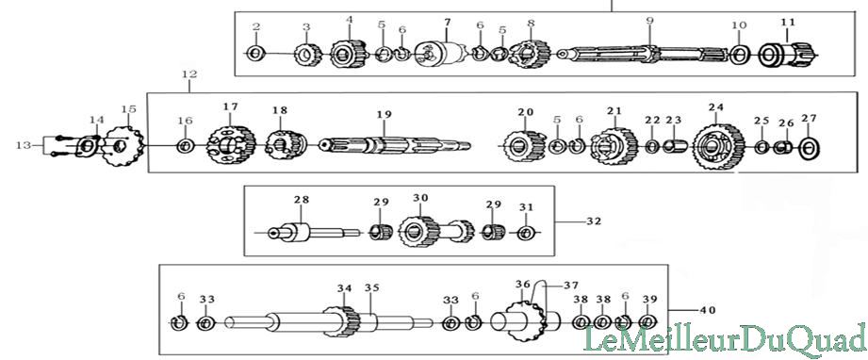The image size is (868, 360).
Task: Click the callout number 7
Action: pyautogui.click(x=448, y=23)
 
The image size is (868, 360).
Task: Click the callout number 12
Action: pyautogui.click(x=188, y=74)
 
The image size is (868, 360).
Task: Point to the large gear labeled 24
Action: pyautogui.click(x=718, y=147)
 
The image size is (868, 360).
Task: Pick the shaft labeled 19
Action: pyautogui.click(x=395, y=146)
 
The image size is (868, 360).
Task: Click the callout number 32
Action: pyautogui.click(x=594, y=221)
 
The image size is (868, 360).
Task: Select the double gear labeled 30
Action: pyautogui.click(x=436, y=229)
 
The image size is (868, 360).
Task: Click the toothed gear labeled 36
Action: pyautogui.click(x=520, y=321)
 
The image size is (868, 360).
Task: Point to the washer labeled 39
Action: pyautogui.click(x=646, y=321)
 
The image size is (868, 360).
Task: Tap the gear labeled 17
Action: pyautogui.click(x=232, y=146)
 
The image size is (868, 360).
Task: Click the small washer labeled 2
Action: pyautogui.click(x=255, y=54)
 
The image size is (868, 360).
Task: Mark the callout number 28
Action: pyautogui.click(x=303, y=200)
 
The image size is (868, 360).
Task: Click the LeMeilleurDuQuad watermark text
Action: pyautogui.click(x=726, y=337)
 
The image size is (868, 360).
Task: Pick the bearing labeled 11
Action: pyautogui.click(x=787, y=55)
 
